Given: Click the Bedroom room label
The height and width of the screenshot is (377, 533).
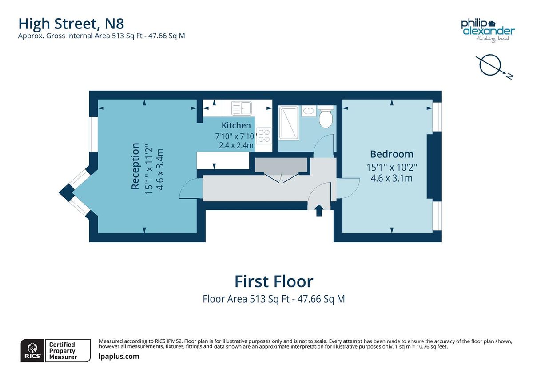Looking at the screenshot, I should click(x=391, y=154).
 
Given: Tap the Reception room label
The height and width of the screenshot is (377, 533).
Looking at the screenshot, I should click(x=135, y=166).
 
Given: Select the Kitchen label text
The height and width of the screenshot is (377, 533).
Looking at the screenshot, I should click(x=236, y=125).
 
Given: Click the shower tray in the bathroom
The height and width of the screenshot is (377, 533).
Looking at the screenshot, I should click(x=288, y=122).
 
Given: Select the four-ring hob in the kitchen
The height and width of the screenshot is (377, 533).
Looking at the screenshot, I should click(x=264, y=135).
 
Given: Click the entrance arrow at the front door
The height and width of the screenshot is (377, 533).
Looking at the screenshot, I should click(x=319, y=210).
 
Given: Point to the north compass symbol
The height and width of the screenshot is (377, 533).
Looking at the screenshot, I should click(x=492, y=65).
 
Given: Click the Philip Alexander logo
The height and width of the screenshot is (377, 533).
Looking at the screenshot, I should click(x=487, y=29).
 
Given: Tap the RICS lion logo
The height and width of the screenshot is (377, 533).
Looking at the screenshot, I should click(x=32, y=350).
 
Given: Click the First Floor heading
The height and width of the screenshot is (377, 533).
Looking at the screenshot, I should click(x=274, y=281).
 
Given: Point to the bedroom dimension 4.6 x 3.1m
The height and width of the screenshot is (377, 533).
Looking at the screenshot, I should click(x=391, y=179).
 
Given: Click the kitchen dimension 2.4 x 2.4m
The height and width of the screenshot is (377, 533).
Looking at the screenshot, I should click(x=236, y=145).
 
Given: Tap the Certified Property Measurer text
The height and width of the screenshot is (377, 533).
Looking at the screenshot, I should click(x=63, y=350).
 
